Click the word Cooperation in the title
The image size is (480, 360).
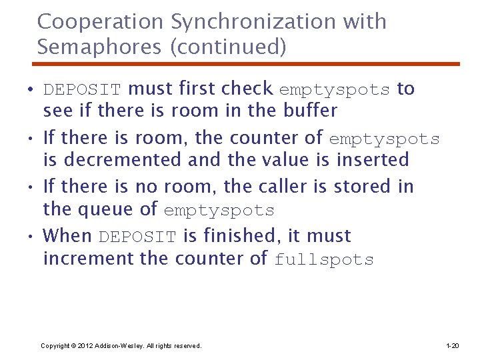point(101,22)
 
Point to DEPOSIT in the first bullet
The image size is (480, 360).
point(82,90)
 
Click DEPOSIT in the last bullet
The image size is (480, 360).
point(137,237)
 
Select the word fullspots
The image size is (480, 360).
point(324,260)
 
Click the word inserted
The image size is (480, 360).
point(373,160)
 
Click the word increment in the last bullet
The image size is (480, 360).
point(89,259)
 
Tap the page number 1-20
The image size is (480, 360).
point(453,346)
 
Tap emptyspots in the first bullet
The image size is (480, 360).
point(334,90)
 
